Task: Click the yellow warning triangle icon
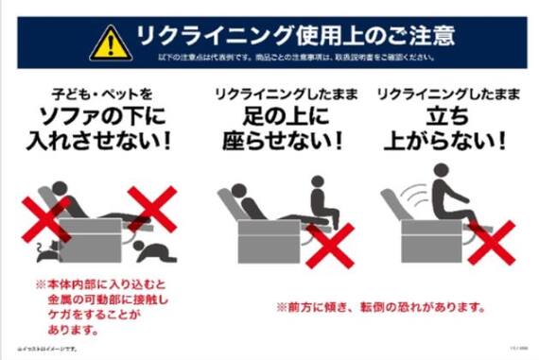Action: (x=112, y=41)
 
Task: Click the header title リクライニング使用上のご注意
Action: (x=294, y=37)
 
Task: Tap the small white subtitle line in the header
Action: (x=296, y=60)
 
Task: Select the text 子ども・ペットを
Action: (x=101, y=94)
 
